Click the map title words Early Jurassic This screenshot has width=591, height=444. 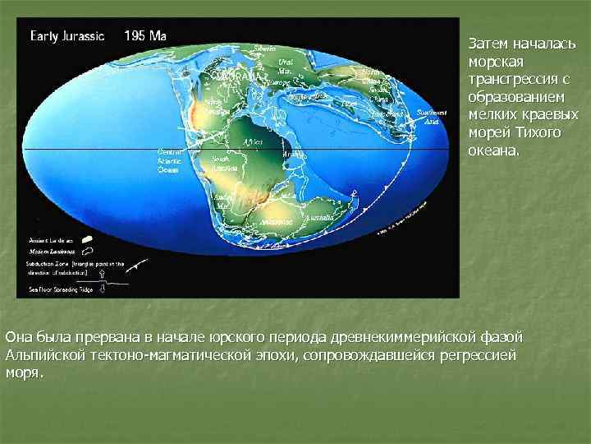click(67, 36)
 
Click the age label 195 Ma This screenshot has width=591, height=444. click(144, 36)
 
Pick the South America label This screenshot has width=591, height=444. click(220, 161)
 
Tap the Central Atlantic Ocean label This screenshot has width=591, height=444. click(167, 160)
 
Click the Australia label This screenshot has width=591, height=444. click(319, 217)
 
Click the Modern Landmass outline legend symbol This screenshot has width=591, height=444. click(87, 249)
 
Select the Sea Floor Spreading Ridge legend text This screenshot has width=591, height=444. click(62, 289)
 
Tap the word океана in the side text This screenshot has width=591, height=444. click(493, 150)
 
